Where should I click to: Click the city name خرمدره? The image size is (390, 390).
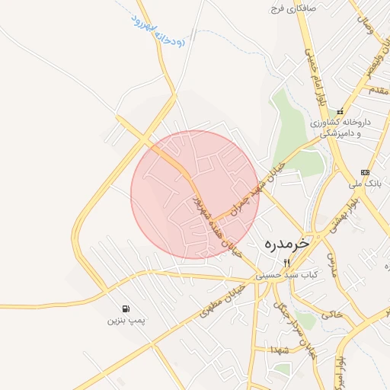pos(287,244)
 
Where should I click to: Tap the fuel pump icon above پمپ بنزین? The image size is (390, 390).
pos(125,308)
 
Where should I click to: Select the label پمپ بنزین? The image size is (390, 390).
pos(125,321)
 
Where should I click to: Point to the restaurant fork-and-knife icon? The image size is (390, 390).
pos(287,263)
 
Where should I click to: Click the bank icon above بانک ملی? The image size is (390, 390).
pos(366,172)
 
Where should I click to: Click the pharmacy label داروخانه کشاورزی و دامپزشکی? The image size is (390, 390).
pos(340,127)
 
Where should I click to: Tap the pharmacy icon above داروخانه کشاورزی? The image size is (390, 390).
pos(340,111)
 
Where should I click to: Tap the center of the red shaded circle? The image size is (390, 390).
pos(195,195)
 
